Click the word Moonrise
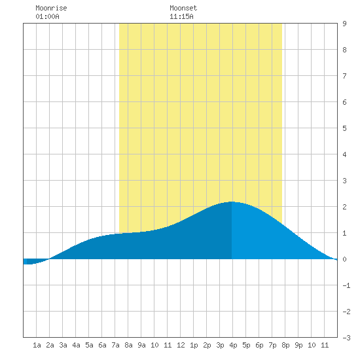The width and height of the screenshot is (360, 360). point(51,8)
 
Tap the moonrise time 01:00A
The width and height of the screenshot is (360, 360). point(47,16)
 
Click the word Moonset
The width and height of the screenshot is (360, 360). point(183,8)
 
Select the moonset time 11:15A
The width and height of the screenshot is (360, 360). point(181,16)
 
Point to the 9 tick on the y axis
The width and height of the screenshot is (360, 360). point(344,24)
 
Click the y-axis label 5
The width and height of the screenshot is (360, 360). point(344,128)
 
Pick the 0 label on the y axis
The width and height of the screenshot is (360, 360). point(344,259)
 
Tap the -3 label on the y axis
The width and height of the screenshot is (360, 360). point(346,338)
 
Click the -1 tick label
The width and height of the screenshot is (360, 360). point(346,285)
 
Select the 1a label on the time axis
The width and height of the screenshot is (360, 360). point(37,345)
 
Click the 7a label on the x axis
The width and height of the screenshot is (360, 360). point(115,345)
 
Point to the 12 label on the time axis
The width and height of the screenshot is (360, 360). point(181,345)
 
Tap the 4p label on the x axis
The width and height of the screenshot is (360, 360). point(233,345)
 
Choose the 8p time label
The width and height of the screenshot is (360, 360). point(285,345)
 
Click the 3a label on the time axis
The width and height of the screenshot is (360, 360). point(63,345)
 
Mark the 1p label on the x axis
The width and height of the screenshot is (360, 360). point(194,345)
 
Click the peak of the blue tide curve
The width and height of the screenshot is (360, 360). point(232,202)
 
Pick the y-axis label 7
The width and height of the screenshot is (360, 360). point(344,76)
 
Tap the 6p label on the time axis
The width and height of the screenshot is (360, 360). point(259,345)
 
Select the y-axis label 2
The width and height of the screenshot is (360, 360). point(344,207)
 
